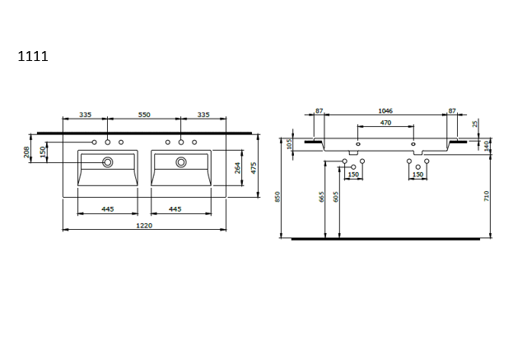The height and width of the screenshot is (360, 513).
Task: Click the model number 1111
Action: [33, 57]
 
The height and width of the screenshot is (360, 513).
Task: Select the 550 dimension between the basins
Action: [143, 115]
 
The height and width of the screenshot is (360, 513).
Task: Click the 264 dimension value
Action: [237, 169]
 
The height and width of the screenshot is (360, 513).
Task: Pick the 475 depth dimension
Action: [254, 167]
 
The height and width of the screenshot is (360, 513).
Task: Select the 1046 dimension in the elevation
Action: [385, 110]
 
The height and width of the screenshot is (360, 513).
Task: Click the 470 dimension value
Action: [385, 123]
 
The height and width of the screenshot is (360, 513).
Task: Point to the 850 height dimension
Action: [278, 196]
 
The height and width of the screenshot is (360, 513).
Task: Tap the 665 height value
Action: [322, 196]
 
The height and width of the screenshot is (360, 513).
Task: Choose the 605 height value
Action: [335, 196]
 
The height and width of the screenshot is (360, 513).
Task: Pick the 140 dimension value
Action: [487, 145]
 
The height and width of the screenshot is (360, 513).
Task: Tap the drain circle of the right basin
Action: [180, 163]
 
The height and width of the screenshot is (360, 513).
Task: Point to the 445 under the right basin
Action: [175, 209]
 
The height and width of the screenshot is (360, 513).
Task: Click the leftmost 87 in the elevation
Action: [319, 110]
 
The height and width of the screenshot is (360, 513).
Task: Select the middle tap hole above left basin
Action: [108, 143]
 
